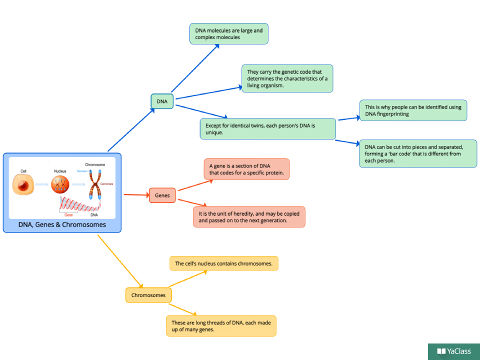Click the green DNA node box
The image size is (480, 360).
point(162,101)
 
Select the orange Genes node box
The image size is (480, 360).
point(162,195)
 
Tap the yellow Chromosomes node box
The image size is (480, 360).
point(148,295)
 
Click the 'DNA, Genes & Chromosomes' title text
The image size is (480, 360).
point(62,225)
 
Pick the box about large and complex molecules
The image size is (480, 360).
point(229,34)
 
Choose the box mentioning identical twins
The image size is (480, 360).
point(267,128)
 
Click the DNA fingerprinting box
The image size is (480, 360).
point(413,110)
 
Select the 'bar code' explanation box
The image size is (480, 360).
point(418,153)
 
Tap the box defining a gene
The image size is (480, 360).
point(246,169)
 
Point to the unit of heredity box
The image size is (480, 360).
point(249,217)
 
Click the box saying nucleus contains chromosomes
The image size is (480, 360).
point(223,263)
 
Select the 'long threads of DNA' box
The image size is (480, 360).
point(221,325)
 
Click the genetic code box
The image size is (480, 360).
point(287,78)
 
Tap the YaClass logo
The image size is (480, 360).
point(454,351)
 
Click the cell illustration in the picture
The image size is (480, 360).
point(23,186)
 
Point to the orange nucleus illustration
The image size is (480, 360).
point(60,185)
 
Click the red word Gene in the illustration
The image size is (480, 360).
point(69,214)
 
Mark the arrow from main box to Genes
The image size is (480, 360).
point(135,195)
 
